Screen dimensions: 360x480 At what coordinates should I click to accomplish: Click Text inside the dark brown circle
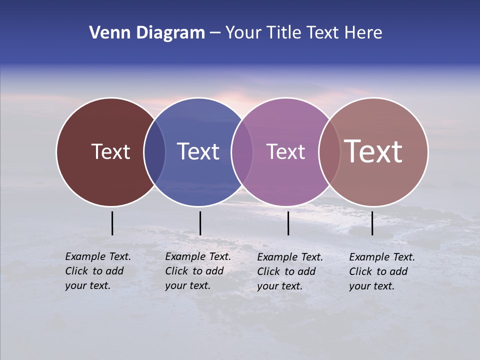110,151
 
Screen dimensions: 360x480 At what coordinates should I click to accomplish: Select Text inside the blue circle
198,151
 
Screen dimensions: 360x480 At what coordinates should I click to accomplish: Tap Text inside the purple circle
285,151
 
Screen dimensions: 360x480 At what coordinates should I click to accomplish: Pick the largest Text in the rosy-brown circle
373,151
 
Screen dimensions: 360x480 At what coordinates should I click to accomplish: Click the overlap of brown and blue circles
154,152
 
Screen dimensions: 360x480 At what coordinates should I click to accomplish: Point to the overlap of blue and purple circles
242,152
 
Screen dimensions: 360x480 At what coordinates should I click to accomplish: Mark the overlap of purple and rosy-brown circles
329,152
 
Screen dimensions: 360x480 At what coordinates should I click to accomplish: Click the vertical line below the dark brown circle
112,223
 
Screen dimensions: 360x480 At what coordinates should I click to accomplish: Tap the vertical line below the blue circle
200,223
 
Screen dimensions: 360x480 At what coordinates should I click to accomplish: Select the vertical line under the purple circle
288,223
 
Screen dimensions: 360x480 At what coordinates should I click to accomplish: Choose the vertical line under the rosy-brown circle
372,223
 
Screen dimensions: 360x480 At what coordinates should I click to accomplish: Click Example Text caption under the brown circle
98,256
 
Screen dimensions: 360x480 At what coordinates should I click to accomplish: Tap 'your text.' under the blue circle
187,285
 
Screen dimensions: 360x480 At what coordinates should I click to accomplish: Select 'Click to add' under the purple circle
286,271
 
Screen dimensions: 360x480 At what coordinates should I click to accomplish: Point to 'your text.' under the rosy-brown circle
371,286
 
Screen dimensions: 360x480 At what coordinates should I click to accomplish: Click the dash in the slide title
215,33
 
